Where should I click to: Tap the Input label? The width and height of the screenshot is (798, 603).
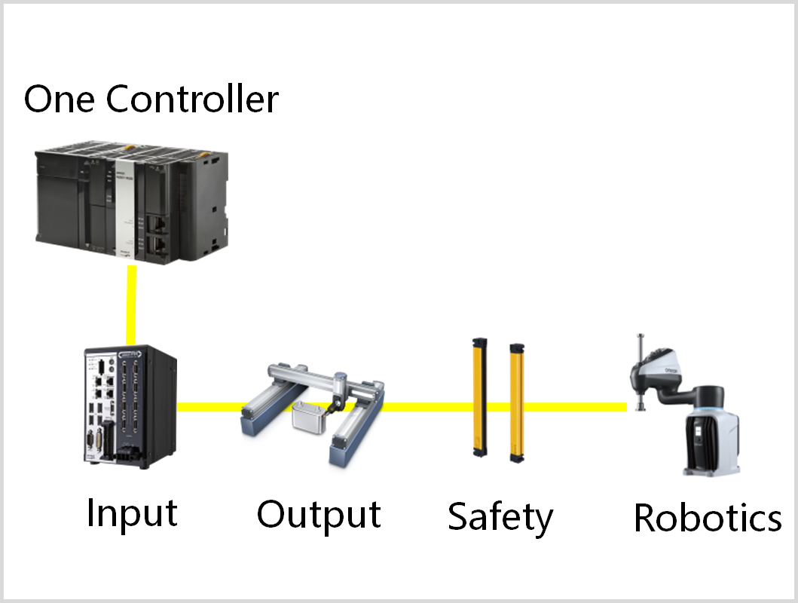pyautogui.click(x=132, y=513)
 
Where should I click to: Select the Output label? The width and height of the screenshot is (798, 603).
pyautogui.click(x=319, y=514)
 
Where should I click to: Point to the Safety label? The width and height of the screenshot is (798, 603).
pyautogui.click(x=500, y=517)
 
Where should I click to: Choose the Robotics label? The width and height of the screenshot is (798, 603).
pyautogui.click(x=708, y=518)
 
